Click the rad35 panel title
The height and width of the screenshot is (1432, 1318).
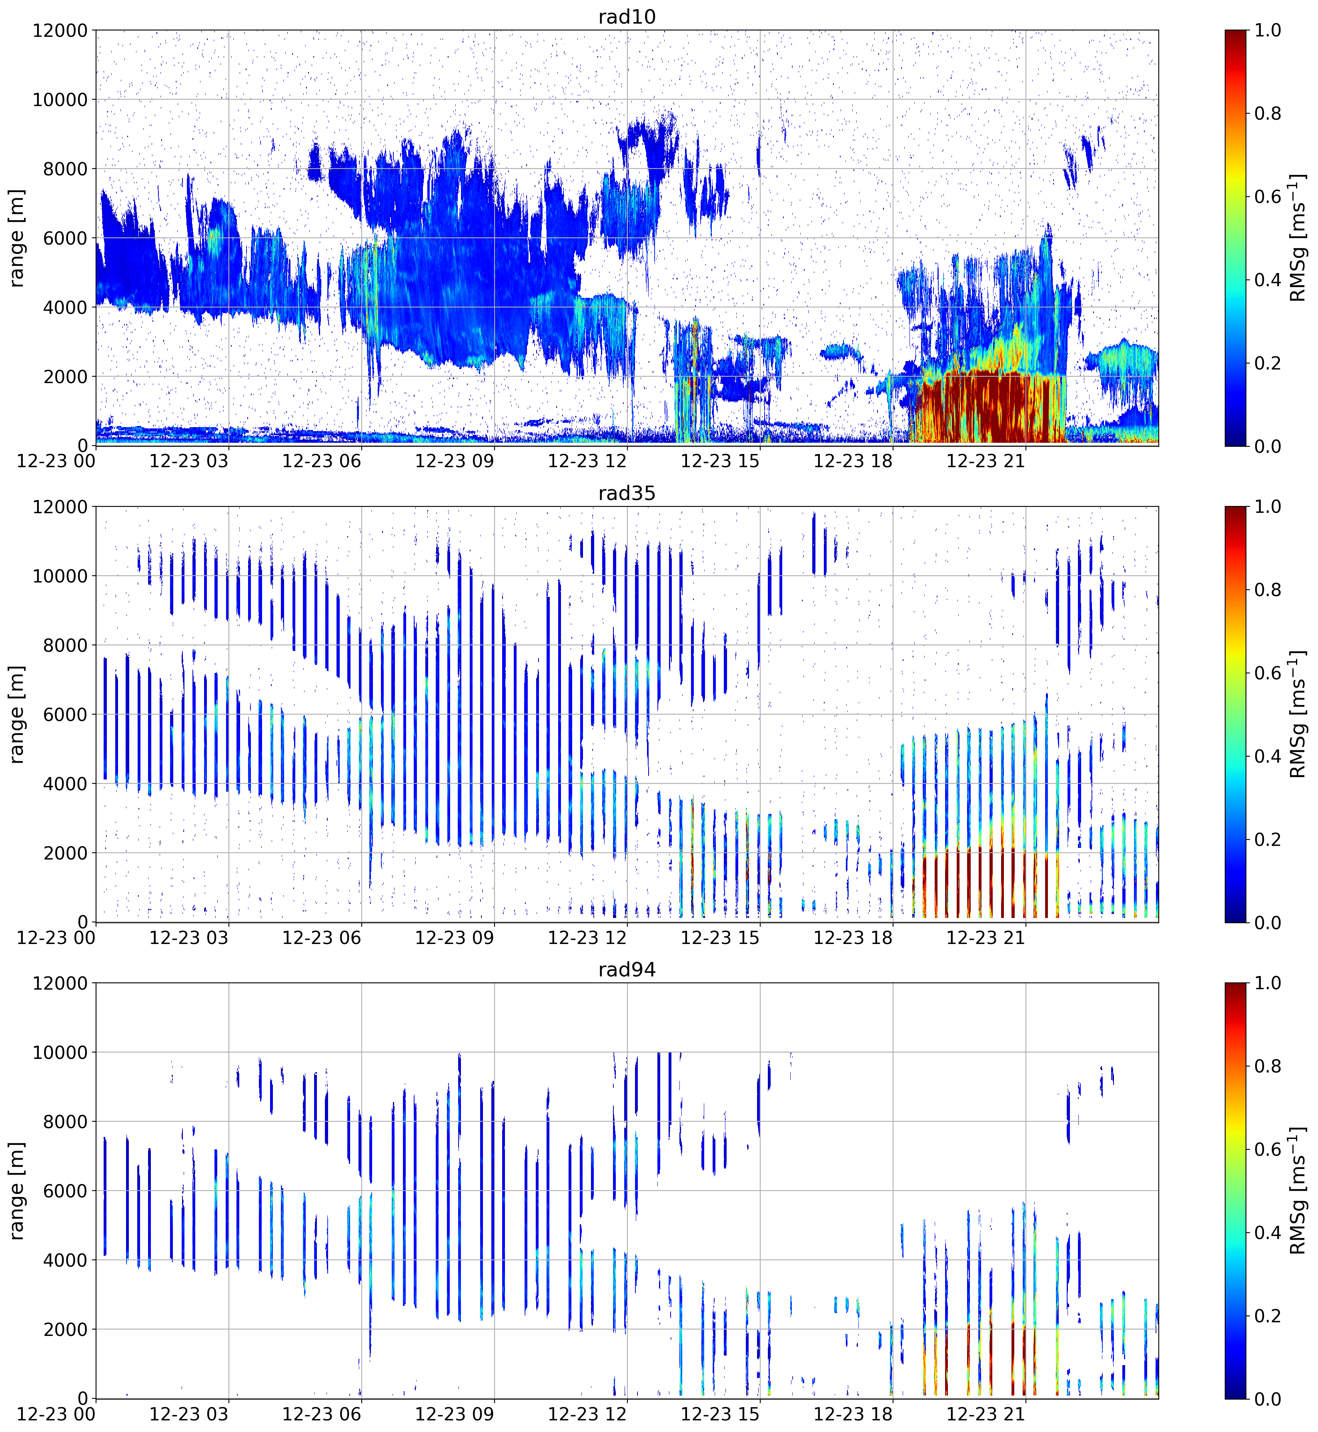pos(627,493)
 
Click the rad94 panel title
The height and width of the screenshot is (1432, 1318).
pos(627,970)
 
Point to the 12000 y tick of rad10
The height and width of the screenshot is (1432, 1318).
pos(60,31)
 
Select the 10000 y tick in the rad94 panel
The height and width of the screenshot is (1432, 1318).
pos(60,1052)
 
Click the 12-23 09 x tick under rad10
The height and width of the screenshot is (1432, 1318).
pos(454,461)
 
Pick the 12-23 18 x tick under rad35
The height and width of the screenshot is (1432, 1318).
pos(853,938)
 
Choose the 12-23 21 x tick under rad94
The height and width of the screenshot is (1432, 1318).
pos(985,1414)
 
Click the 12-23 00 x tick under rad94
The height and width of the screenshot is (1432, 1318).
pos(56,1414)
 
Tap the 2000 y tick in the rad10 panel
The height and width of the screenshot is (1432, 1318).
pos(66,377)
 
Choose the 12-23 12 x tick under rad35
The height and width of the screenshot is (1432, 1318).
pos(587,938)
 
